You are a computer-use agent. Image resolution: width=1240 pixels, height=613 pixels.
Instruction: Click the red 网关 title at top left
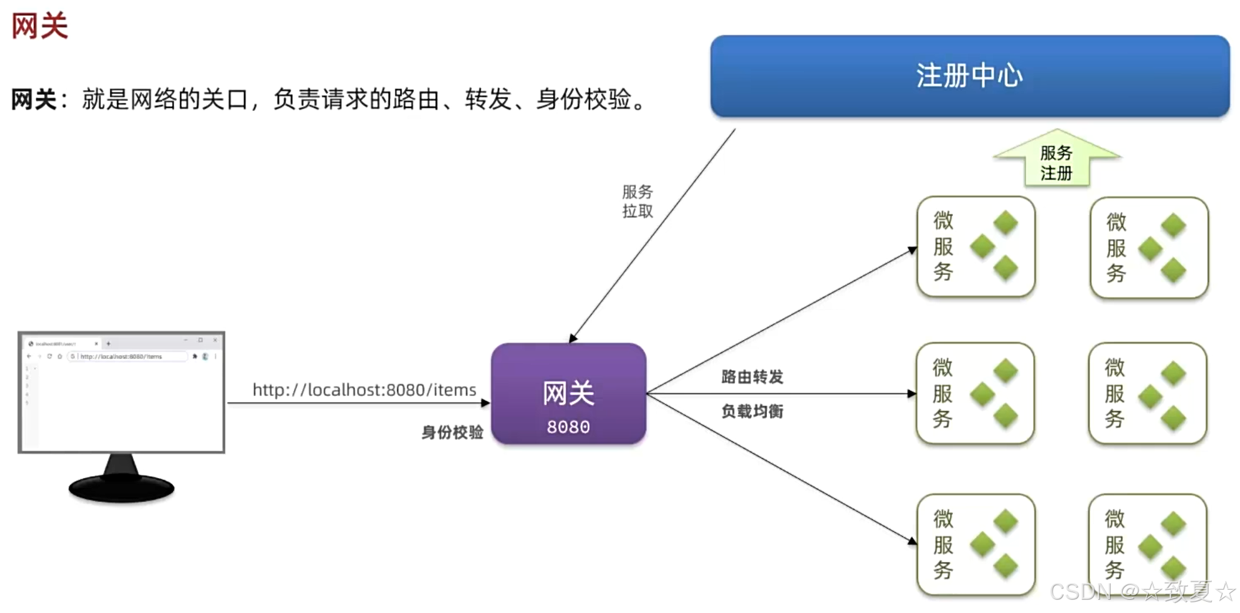point(39,26)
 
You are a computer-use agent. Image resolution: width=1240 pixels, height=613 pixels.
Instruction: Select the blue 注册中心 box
point(969,76)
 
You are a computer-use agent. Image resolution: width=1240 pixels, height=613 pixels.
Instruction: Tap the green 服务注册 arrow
point(1056,161)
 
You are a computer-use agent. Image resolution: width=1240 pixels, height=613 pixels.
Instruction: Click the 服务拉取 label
point(637,201)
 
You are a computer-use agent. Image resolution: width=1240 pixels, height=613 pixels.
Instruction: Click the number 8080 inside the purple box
point(568,427)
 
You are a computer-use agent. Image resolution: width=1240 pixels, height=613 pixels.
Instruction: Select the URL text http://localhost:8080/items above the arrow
point(364,390)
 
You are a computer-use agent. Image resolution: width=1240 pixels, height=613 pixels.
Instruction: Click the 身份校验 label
point(452,432)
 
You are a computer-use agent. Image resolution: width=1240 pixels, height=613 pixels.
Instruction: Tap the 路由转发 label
point(752,377)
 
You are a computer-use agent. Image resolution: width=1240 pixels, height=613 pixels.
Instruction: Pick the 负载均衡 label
point(752,411)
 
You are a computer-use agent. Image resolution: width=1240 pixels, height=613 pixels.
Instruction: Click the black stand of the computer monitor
point(121,479)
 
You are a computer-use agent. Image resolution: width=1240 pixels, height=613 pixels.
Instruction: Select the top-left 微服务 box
point(976,247)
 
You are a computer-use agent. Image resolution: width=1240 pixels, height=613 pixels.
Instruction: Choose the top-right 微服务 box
point(1149,248)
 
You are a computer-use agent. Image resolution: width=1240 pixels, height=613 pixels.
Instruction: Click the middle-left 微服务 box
point(975,394)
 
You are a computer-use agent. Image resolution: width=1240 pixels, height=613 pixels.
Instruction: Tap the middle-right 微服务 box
point(1147,394)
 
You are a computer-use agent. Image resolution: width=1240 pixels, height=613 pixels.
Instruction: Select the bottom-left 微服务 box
point(976,545)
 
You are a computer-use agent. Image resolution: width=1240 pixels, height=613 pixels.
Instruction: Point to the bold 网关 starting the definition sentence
point(33,100)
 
